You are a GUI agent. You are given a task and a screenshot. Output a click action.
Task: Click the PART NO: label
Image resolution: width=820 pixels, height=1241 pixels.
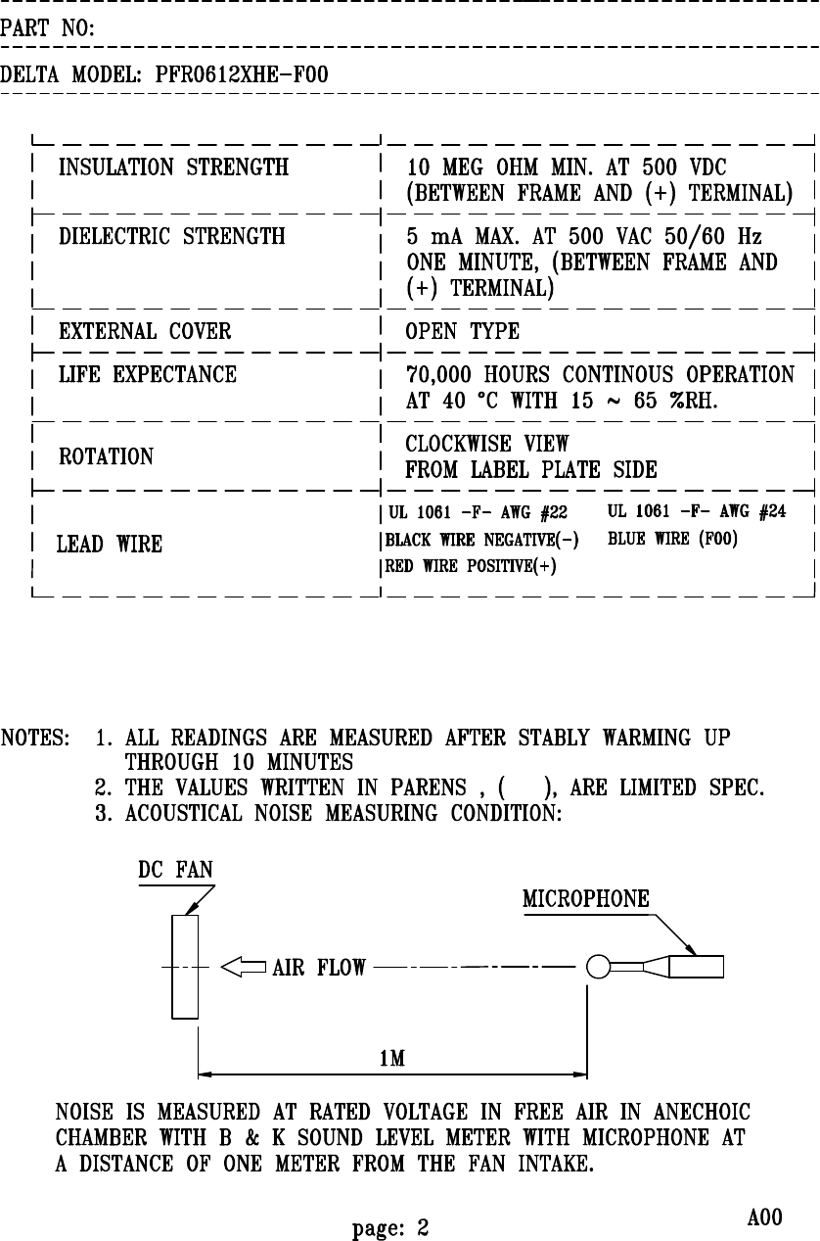pyautogui.click(x=47, y=30)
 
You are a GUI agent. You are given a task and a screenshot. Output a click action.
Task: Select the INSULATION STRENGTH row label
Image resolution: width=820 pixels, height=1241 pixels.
pyautogui.click(x=174, y=167)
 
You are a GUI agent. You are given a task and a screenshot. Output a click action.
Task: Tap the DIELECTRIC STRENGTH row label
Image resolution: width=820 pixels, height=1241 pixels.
pyautogui.click(x=172, y=237)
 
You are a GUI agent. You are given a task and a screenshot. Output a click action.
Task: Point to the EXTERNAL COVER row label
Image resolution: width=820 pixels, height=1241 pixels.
pyautogui.click(x=146, y=332)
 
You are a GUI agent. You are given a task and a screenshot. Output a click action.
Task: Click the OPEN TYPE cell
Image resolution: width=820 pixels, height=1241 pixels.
pyautogui.click(x=462, y=332)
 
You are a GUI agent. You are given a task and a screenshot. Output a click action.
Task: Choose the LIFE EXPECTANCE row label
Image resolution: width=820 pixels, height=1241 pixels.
pyautogui.click(x=148, y=375)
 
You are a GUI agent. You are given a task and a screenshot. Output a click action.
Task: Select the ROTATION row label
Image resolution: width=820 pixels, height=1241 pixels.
pyautogui.click(x=107, y=457)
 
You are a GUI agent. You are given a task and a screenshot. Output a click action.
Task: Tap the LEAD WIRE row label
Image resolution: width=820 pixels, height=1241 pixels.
pyautogui.click(x=110, y=545)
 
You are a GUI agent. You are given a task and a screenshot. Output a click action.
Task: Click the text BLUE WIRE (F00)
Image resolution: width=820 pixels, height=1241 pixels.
pyautogui.click(x=672, y=539)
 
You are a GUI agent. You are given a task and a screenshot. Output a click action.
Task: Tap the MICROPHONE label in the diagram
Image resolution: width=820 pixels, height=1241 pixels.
pyautogui.click(x=586, y=899)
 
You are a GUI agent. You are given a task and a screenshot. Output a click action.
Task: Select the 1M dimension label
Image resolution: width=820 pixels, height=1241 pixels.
pyautogui.click(x=393, y=1059)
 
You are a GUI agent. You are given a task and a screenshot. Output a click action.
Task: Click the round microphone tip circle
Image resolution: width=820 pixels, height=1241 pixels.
pyautogui.click(x=597, y=968)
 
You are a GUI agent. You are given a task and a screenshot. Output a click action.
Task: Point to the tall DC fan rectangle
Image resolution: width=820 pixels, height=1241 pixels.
pyautogui.click(x=185, y=967)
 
